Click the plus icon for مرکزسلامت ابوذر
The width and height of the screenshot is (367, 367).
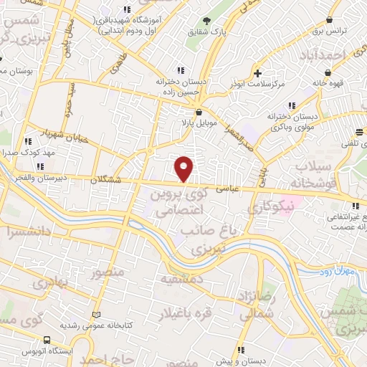click(x=257, y=73)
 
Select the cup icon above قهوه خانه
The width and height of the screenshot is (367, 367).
click(x=328, y=72)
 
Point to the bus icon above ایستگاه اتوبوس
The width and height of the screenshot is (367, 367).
click(x=47, y=340)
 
